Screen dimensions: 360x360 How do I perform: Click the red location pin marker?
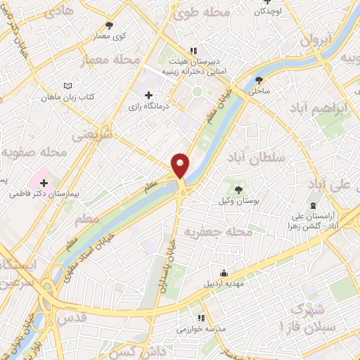click(x=180, y=165)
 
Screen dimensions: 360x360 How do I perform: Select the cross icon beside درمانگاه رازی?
click(x=148, y=95)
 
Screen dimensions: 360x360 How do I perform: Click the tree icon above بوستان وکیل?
click(x=237, y=188)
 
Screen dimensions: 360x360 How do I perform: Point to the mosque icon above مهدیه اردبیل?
click(x=224, y=274)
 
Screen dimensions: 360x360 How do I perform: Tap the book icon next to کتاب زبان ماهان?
click(x=67, y=85)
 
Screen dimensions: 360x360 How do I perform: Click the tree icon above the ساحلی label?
click(x=259, y=80)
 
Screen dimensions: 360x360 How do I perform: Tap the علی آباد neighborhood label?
click(x=329, y=184)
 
